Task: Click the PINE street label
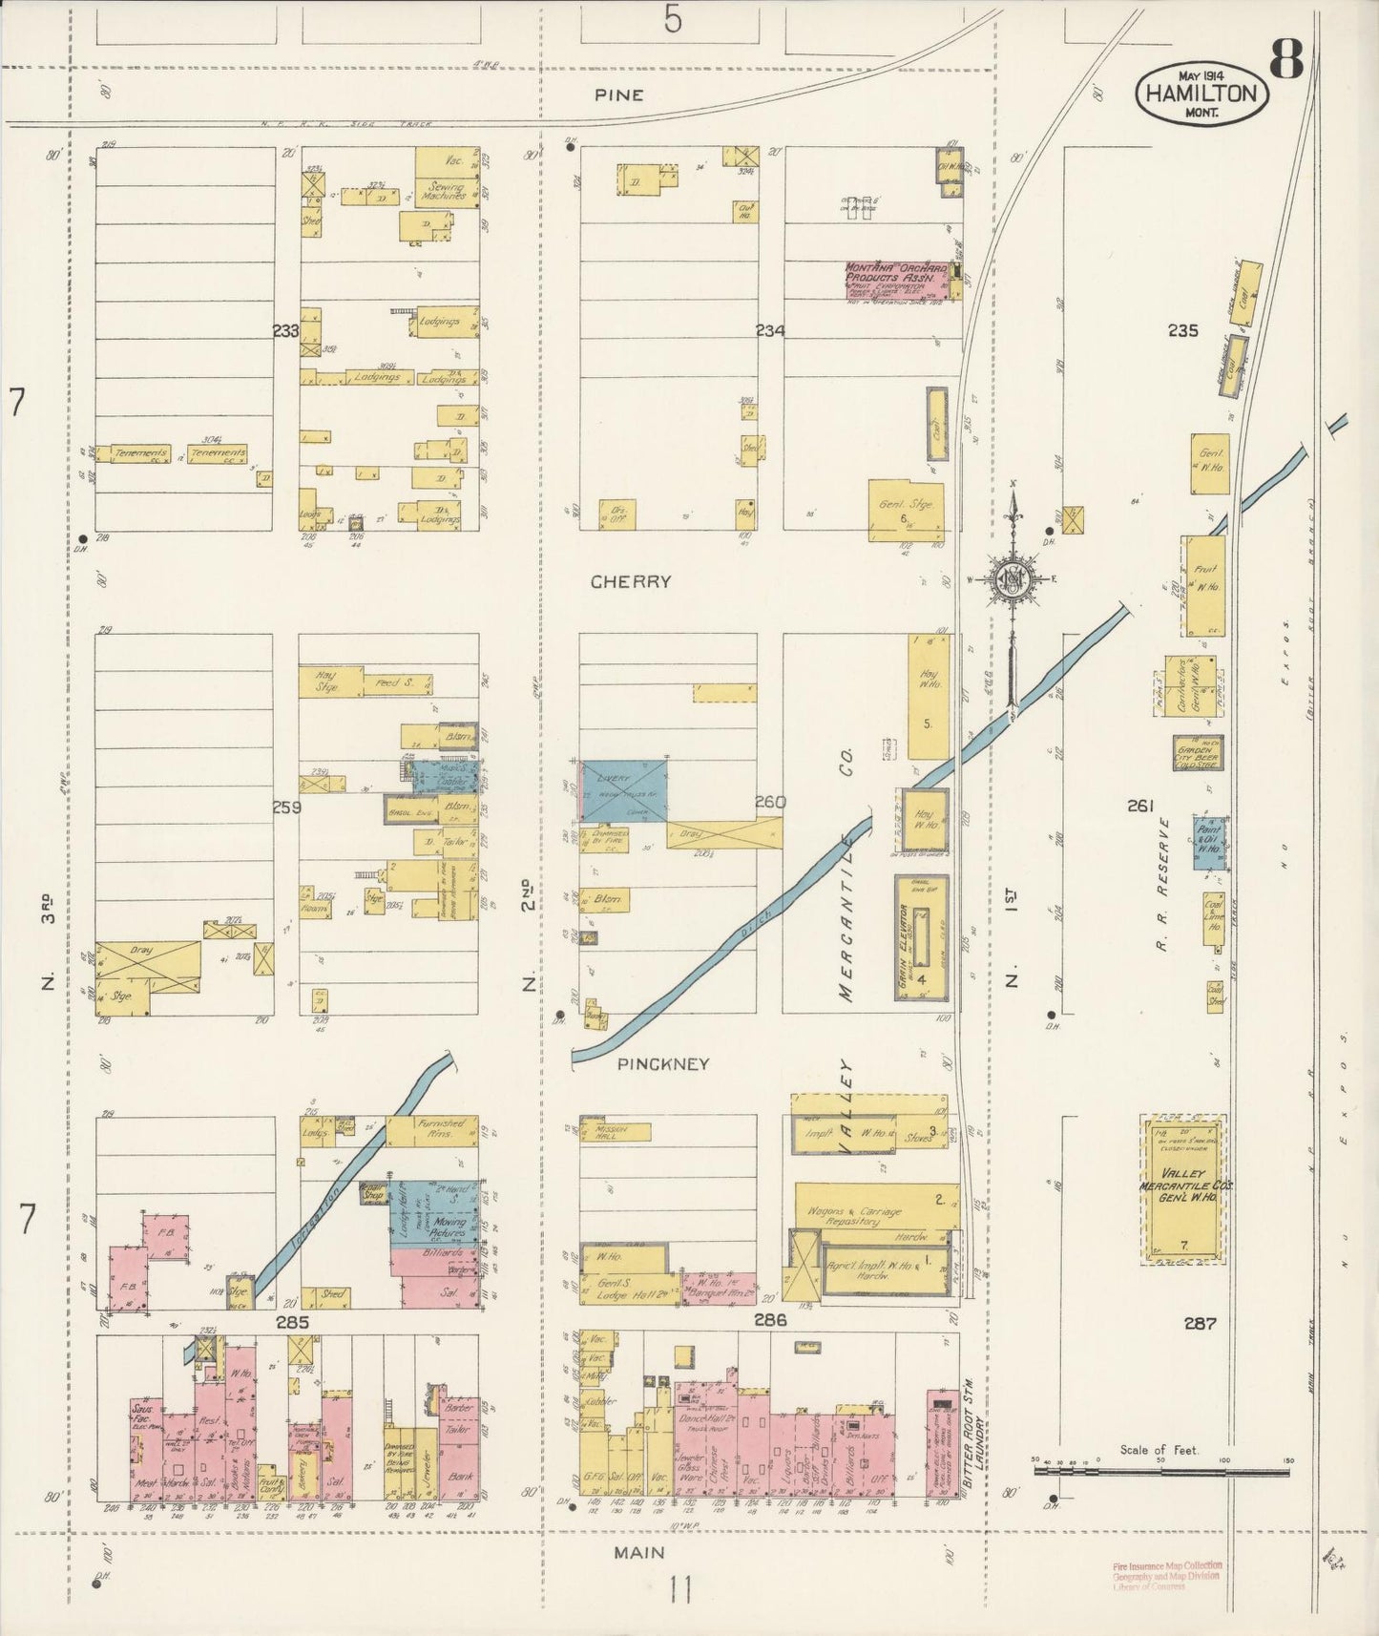618,95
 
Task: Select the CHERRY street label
630,581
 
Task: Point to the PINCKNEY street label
663,1063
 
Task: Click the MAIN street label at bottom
638,1553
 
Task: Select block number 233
284,331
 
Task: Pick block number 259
286,808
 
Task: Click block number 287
1199,1323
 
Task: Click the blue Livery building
624,790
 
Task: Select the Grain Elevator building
922,938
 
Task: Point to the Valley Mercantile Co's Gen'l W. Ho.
1184,1188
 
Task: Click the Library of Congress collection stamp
1165,1576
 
